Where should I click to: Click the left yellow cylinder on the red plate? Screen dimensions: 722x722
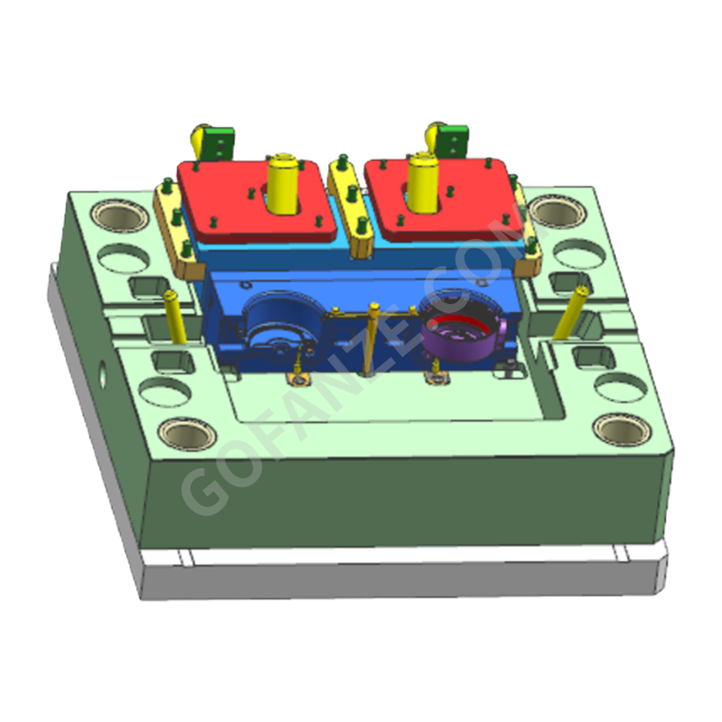tap(283, 184)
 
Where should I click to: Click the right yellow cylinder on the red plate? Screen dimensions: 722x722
tap(422, 182)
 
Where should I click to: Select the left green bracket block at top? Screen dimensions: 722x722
tap(218, 143)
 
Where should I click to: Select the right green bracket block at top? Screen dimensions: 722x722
tap(453, 142)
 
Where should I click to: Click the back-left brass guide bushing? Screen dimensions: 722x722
tap(120, 217)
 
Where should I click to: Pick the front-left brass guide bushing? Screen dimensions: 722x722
tap(188, 433)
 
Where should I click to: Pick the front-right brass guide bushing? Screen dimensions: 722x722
tap(622, 430)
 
